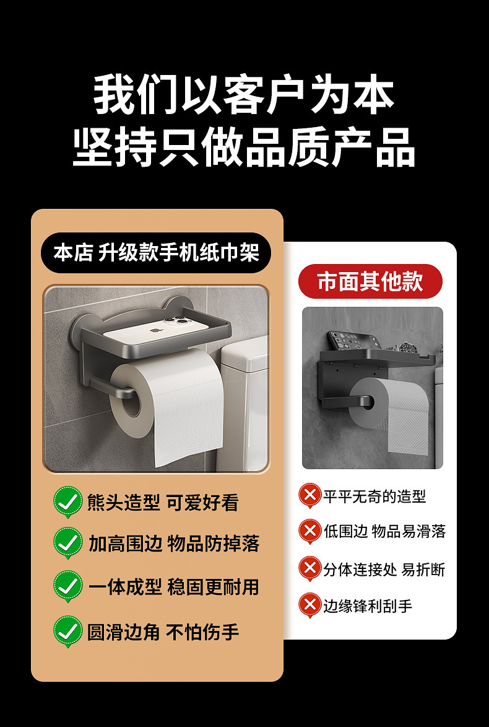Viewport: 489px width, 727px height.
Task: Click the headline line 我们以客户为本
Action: pyautogui.click(x=244, y=94)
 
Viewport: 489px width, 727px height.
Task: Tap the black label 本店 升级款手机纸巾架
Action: pyautogui.click(x=156, y=253)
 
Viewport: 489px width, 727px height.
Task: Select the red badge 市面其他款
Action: pyautogui.click(x=370, y=281)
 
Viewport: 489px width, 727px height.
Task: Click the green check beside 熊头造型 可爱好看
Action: pyautogui.click(x=67, y=502)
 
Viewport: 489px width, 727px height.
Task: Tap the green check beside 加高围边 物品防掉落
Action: pyautogui.click(x=67, y=544)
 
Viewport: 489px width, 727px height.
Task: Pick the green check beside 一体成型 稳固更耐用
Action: pyautogui.click(x=67, y=586)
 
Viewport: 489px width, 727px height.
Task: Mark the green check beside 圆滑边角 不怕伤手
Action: pyautogui.click(x=67, y=632)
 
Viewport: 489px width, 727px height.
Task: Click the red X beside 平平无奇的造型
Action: pyautogui.click(x=309, y=496)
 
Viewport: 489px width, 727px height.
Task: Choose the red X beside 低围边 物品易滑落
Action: pyautogui.click(x=309, y=531)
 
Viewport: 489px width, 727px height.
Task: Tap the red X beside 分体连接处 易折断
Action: pyautogui.click(x=309, y=569)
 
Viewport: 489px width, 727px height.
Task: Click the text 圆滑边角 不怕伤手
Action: pyautogui.click(x=163, y=632)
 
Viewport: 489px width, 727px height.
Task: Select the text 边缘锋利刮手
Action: pyautogui.click(x=368, y=606)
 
